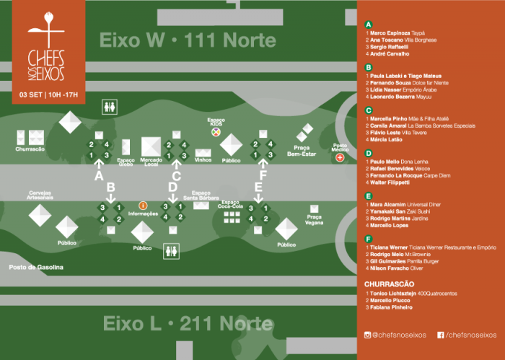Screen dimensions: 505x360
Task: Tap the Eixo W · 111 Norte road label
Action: pos(188,39)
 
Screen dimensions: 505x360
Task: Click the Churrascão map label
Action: pos(30,149)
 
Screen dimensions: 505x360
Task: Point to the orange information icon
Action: pos(143,206)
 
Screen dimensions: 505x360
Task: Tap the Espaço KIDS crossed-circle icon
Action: pos(215,133)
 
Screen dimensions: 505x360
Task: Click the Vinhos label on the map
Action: pos(203,160)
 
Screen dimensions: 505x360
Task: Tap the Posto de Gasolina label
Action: pos(36,267)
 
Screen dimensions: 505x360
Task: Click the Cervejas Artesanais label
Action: pos(40,196)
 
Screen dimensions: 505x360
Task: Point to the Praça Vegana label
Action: pos(315,220)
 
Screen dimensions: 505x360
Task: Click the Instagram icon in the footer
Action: pos(368,334)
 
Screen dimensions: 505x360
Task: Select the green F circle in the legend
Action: pos(369,238)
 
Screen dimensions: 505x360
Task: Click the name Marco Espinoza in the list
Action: pos(390,33)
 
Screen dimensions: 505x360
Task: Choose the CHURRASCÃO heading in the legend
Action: pos(390,284)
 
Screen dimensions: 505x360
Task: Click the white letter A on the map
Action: pos(100,175)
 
